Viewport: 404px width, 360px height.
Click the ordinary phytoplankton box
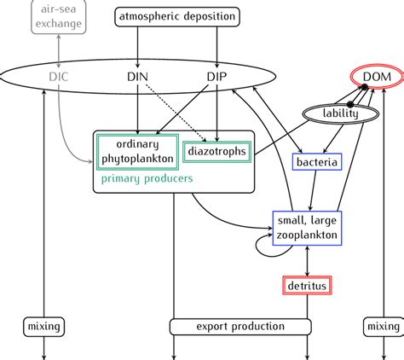138,151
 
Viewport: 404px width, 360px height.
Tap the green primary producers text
147,179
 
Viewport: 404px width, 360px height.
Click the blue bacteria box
317,161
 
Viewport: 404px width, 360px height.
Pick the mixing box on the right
381,327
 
